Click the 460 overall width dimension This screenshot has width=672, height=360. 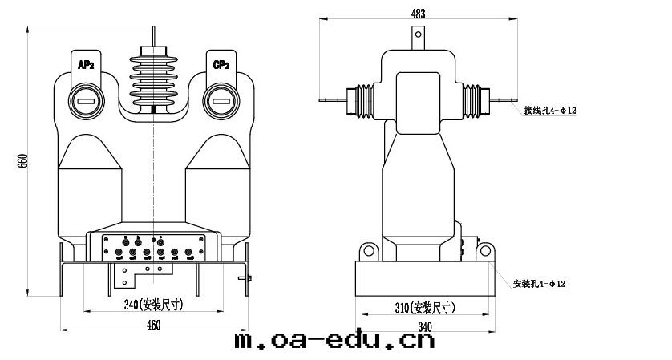click(x=153, y=325)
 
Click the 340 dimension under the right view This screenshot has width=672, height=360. click(x=424, y=326)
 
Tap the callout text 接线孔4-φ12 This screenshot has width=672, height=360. click(x=550, y=111)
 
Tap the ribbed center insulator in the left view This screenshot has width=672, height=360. click(x=152, y=84)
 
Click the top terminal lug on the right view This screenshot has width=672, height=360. click(x=418, y=37)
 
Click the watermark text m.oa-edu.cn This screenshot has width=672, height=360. click(x=334, y=342)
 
